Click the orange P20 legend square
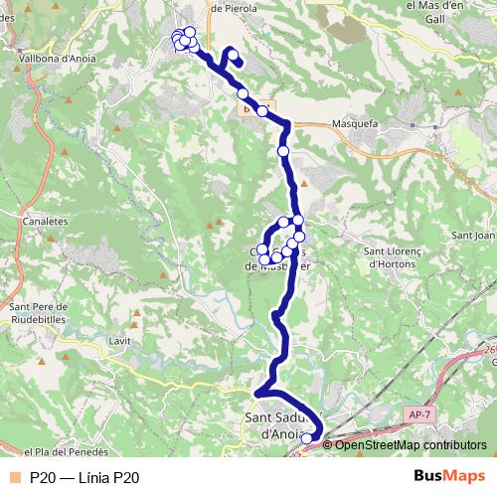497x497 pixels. pyautogui.click(x=13, y=478)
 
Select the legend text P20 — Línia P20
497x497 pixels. pyautogui.click(x=84, y=478)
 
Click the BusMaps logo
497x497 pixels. pyautogui.click(x=449, y=476)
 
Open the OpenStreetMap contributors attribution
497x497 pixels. pyautogui.click(x=411, y=445)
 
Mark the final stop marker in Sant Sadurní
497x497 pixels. pyautogui.click(x=306, y=437)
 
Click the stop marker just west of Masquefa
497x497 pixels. pyautogui.click(x=262, y=111)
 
